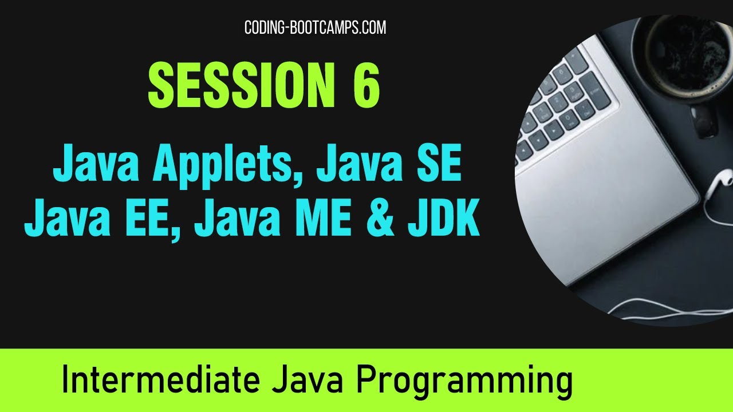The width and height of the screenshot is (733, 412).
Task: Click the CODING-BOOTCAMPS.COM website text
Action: click(315, 27)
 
